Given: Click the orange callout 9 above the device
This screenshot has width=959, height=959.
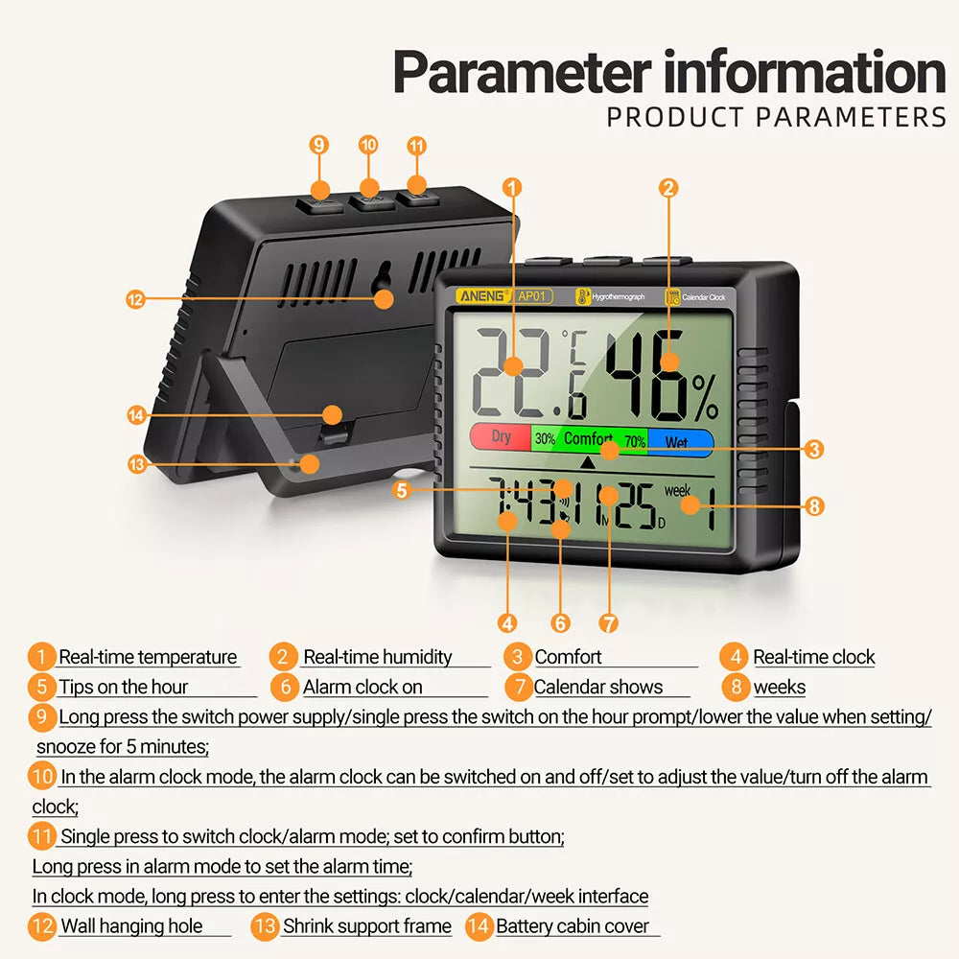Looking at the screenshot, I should click(x=319, y=145).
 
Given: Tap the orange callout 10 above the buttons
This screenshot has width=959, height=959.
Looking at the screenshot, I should click(x=368, y=145).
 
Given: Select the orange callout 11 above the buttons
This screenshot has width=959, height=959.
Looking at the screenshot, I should click(x=416, y=146).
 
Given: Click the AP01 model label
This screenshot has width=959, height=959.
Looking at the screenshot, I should click(x=533, y=296).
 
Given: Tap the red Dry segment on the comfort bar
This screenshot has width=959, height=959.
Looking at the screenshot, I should click(x=501, y=438).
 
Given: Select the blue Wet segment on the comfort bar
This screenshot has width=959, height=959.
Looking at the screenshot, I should click(x=680, y=442).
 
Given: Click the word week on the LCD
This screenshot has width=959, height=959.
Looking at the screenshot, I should click(x=677, y=490).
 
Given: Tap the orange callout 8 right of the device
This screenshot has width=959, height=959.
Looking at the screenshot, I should click(x=814, y=506).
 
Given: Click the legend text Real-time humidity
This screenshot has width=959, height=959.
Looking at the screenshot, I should click(x=377, y=657).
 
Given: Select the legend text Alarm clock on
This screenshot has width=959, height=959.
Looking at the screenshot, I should click(x=363, y=687).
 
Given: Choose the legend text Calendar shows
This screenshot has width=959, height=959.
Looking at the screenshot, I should click(x=597, y=687).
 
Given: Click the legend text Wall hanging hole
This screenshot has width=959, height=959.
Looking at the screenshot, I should click(x=131, y=926).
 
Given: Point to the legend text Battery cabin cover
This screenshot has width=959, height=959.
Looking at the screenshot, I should click(x=573, y=926).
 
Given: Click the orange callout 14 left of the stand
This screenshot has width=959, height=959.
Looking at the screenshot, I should click(x=136, y=415).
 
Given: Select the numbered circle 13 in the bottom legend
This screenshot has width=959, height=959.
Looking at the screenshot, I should click(x=265, y=926).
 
